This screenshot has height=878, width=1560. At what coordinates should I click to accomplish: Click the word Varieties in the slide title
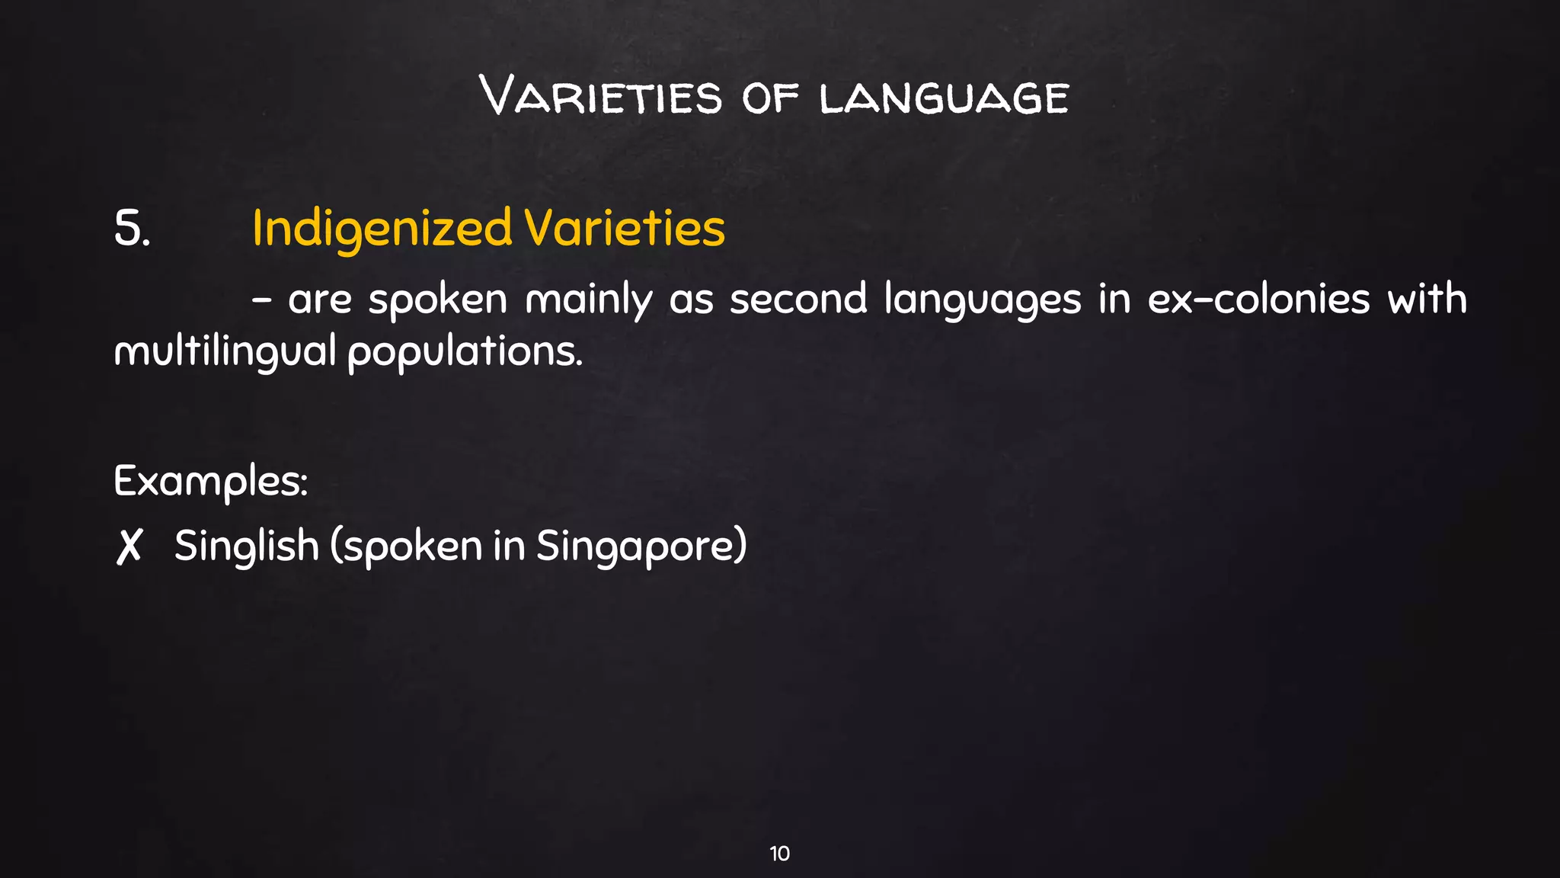coord(601,98)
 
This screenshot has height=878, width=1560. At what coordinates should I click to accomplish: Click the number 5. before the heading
coord(132,229)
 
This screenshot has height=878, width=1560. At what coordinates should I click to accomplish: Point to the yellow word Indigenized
coord(382,229)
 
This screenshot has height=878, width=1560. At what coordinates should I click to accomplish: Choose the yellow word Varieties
coord(625,229)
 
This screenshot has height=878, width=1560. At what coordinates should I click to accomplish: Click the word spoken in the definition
coord(437,300)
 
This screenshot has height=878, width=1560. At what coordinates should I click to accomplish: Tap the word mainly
coord(588,300)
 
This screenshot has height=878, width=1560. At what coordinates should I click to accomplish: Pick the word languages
coord(983,300)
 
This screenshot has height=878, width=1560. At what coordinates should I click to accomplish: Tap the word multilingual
coord(225,352)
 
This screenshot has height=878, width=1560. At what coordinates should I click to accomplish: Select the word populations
coord(465,352)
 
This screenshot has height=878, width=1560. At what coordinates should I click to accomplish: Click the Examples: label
coord(211,482)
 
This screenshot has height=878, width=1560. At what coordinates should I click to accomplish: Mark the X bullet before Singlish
coord(129,547)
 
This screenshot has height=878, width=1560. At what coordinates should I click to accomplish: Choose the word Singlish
coord(246,546)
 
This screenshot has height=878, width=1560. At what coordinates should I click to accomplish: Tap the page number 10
coord(779,854)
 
